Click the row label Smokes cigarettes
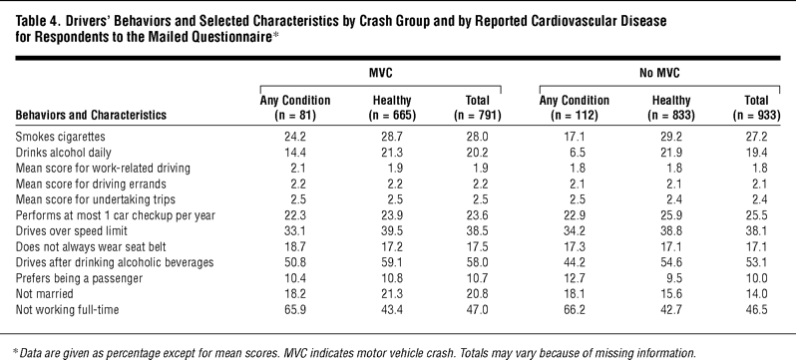tap(61, 137)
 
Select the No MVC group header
tap(659, 73)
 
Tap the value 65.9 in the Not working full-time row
tap(295, 309)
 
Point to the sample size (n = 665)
tap(392, 116)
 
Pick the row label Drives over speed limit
tap(71, 231)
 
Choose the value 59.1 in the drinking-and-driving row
tap(392, 262)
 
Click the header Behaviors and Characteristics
tap(91, 115)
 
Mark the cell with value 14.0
tap(756, 293)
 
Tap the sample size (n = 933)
tap(756, 116)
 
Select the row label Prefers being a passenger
tap(79, 278)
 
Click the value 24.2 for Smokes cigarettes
tap(295, 137)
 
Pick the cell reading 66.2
tap(575, 309)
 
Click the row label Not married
tap(45, 293)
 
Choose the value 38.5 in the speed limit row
tap(478, 231)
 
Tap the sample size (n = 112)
tap(575, 116)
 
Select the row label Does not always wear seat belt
tap(91, 246)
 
